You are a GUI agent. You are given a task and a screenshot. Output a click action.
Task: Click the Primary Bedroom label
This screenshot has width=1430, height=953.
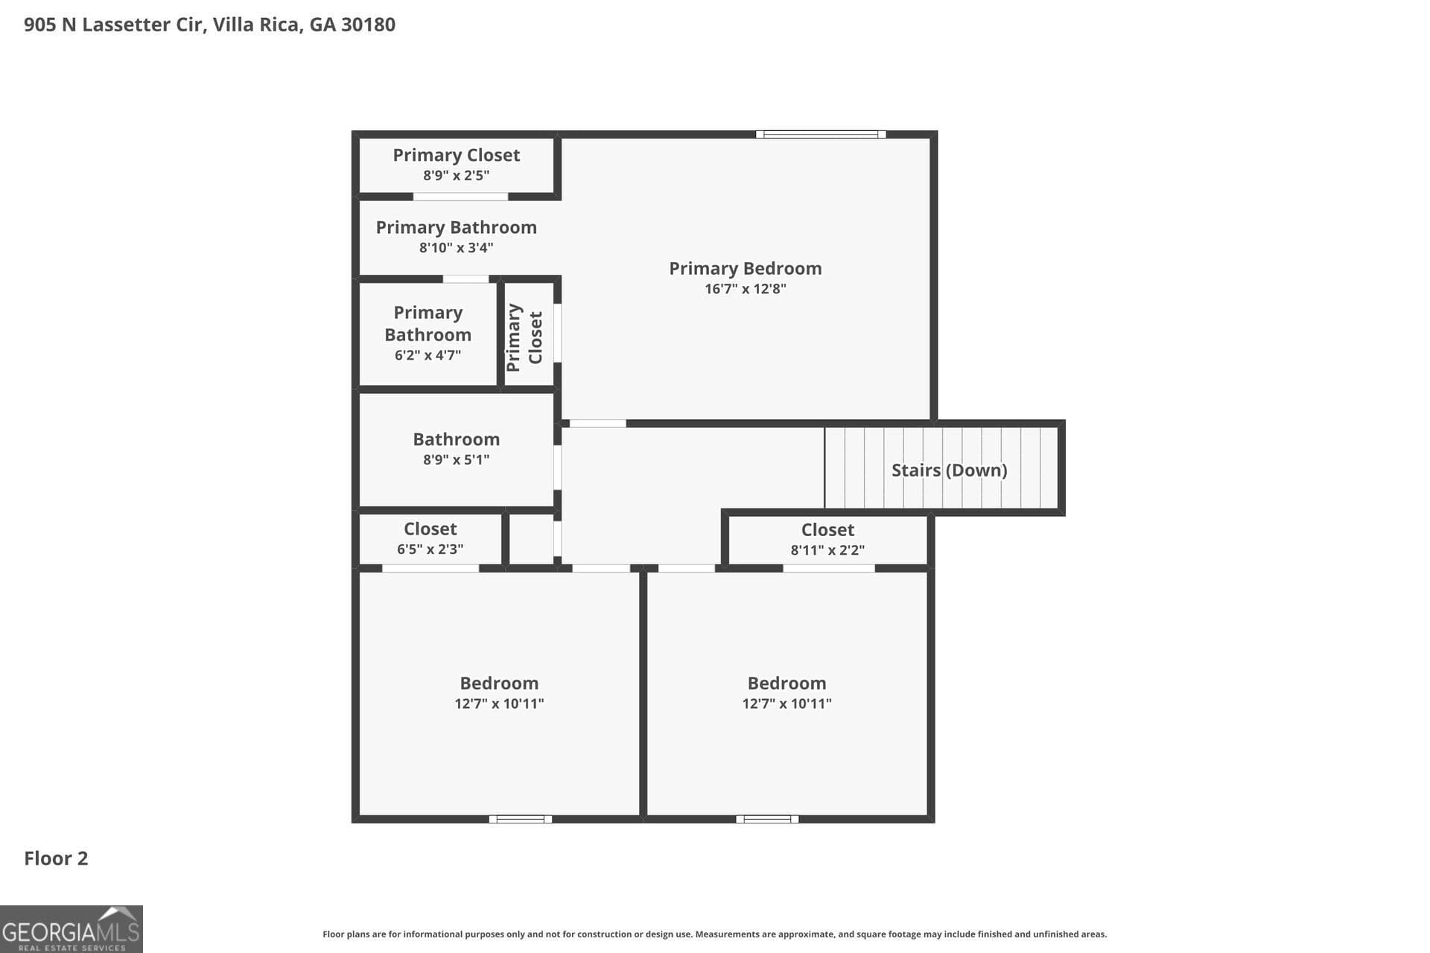[745, 268]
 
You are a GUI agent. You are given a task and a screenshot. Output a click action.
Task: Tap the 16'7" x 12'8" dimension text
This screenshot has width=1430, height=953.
[745, 289]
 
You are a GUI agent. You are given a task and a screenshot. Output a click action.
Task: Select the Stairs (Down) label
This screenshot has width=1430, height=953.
[949, 470]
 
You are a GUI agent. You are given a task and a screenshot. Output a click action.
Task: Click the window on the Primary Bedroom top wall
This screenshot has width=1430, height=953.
[821, 135]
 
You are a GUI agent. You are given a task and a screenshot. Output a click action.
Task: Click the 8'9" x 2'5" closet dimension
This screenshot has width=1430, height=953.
[456, 176]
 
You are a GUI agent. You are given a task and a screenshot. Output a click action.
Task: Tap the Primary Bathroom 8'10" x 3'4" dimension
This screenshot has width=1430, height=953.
[456, 248]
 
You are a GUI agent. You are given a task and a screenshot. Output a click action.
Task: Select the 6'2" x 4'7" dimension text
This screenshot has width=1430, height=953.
[428, 355]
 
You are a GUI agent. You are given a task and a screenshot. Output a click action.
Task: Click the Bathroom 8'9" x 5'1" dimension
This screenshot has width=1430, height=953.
[456, 459]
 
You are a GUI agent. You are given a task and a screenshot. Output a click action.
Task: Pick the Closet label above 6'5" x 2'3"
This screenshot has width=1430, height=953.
[430, 529]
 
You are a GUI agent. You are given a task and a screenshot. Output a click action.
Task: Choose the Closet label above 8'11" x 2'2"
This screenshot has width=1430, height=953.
[827, 529]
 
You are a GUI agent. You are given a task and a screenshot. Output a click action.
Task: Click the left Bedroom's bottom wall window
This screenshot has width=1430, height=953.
[520, 819]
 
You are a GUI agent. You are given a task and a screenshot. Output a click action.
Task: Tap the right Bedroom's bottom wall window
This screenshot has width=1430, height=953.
[767, 819]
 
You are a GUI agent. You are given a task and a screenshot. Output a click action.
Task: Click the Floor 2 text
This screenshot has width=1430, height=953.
[56, 858]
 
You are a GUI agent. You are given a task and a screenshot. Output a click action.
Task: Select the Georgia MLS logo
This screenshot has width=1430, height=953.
[71, 928]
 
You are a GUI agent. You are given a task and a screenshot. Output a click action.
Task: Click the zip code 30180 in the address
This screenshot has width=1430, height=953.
[368, 25]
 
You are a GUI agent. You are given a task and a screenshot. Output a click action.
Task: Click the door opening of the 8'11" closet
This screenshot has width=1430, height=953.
[828, 569]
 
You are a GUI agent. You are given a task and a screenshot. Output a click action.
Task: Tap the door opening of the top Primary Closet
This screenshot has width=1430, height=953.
[460, 197]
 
